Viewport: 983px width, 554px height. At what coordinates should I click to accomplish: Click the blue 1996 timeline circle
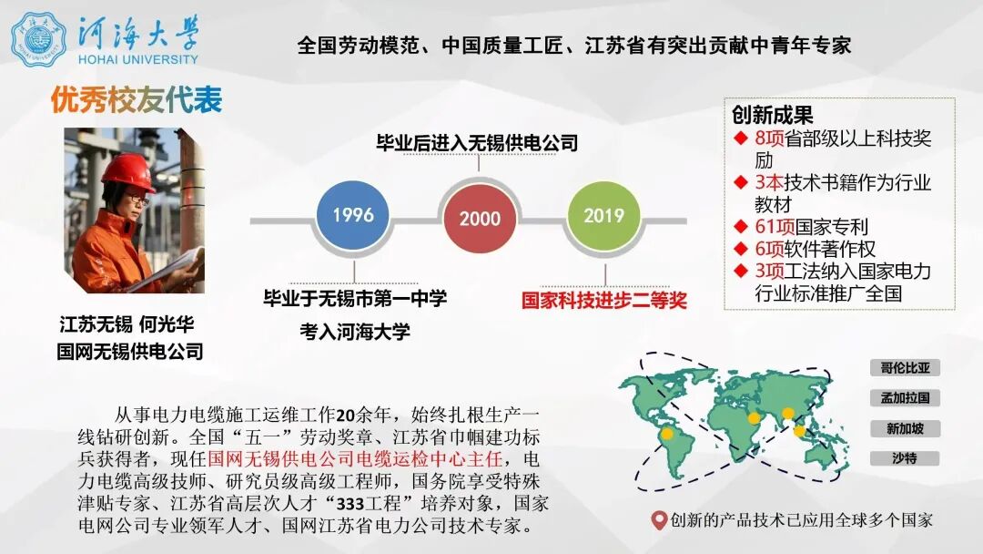(x=353, y=216)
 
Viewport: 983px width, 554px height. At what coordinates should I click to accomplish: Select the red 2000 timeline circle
(x=480, y=219)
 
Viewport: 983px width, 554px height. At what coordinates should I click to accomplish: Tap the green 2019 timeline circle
(x=603, y=216)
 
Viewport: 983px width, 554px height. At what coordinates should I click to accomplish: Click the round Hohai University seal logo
(x=39, y=39)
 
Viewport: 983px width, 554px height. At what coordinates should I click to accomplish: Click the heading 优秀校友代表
(x=137, y=100)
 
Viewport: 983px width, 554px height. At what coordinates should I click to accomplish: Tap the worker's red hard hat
(x=127, y=170)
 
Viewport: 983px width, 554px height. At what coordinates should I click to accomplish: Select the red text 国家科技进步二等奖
(x=604, y=300)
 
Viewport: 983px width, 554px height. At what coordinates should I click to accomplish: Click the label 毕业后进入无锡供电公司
(x=478, y=143)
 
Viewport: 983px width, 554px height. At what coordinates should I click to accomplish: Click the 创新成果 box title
(x=773, y=116)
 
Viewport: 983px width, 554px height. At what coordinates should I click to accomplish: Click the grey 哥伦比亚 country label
(x=904, y=368)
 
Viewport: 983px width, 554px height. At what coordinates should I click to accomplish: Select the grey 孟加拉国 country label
(x=904, y=398)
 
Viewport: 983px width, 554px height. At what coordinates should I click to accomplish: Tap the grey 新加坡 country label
(x=904, y=428)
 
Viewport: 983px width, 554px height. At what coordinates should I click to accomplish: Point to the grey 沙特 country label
(x=904, y=458)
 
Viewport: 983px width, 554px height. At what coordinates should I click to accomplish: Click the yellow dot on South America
(x=666, y=436)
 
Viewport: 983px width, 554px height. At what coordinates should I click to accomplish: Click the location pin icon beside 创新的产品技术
(x=659, y=521)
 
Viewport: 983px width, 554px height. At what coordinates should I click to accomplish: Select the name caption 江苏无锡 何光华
(x=127, y=324)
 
